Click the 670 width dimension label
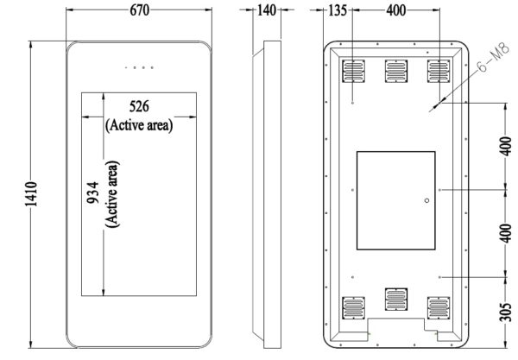(139, 10)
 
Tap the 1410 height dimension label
(31, 194)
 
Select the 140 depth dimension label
(266, 10)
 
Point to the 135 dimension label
(338, 10)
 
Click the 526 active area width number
(139, 106)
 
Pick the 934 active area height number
(92, 193)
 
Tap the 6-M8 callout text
(493, 58)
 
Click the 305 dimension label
(505, 312)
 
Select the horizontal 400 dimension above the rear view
(396, 10)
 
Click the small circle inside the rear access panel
(426, 200)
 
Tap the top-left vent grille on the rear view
(353, 71)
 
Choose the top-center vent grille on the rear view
(396, 71)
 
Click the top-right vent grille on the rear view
(439, 71)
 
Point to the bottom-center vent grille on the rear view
(396, 300)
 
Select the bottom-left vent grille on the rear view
(353, 308)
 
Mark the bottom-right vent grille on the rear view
(439, 308)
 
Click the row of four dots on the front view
(139, 67)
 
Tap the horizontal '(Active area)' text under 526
(139, 125)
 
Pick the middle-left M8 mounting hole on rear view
(352, 190)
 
